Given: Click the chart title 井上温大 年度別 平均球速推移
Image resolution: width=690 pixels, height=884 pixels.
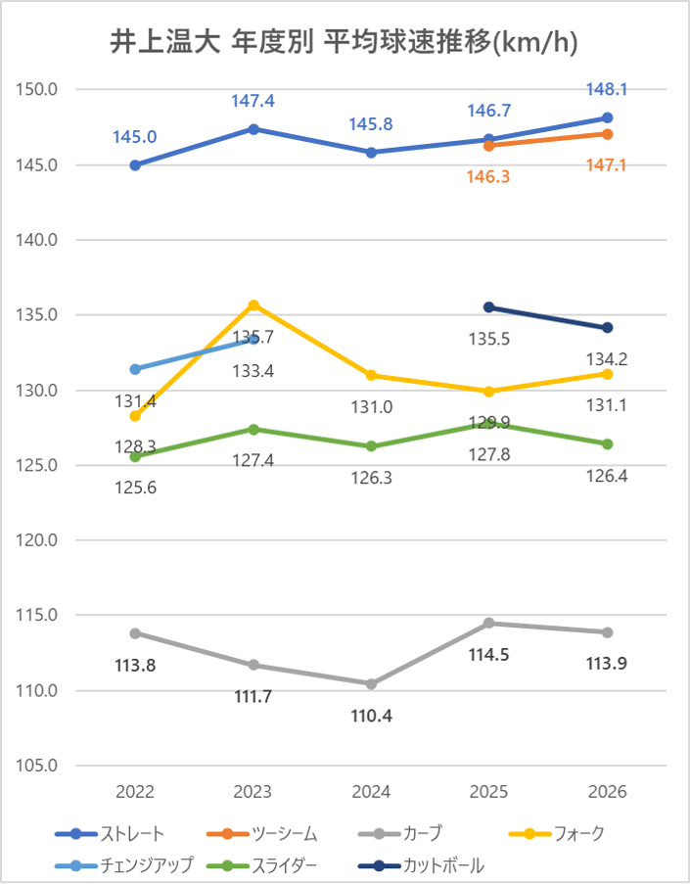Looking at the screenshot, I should point(345,42).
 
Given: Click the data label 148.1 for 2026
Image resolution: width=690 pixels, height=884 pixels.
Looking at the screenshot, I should point(608,89).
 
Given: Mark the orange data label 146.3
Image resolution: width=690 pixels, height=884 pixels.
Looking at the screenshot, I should point(489,177).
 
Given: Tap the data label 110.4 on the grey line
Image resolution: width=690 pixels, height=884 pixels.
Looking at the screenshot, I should point(371,716).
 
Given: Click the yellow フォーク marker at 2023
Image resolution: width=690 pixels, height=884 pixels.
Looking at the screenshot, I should point(253,304).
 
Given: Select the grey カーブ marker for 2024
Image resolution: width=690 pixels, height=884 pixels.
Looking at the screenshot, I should point(371,683).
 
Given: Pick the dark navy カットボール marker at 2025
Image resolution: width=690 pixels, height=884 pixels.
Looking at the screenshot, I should point(489,307).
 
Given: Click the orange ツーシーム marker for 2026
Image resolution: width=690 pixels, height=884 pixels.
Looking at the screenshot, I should point(608,133).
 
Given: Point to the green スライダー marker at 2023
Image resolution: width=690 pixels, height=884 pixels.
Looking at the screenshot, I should point(253,429).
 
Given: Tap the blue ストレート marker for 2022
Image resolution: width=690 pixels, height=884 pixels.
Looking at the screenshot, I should point(135,165).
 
